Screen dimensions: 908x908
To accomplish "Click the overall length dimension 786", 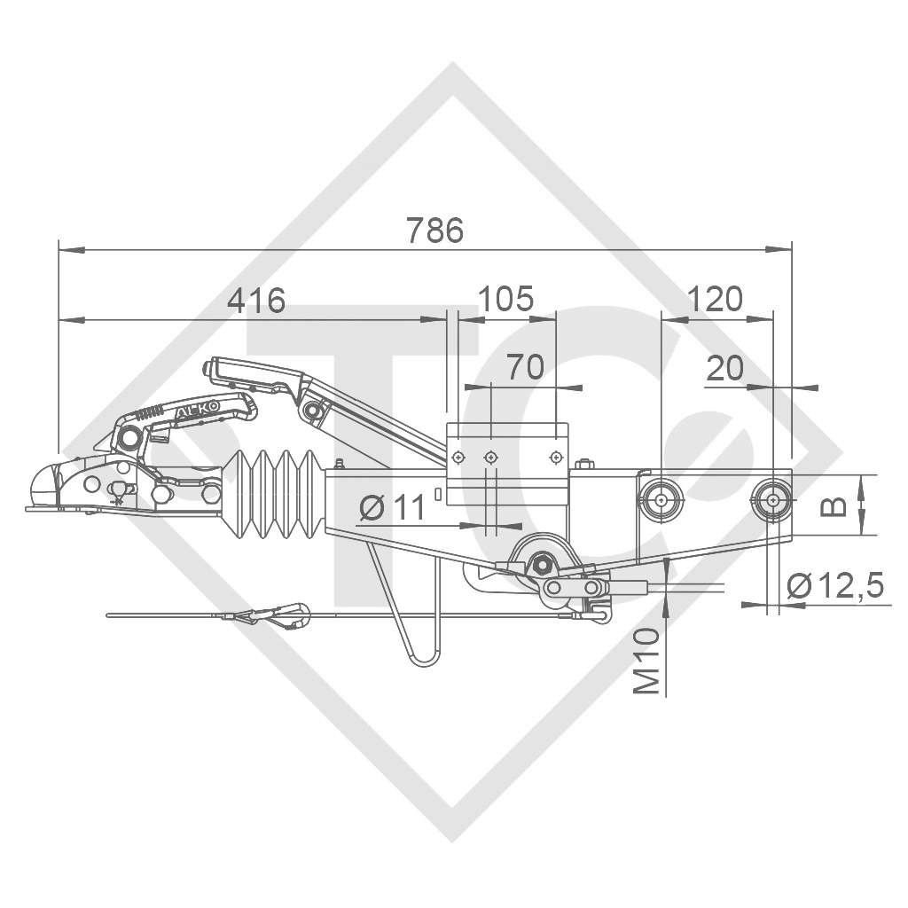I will (434, 231).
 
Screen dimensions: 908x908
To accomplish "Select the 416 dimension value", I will (256, 301).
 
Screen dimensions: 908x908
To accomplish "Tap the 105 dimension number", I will (505, 299).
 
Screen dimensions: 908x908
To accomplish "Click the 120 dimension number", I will (715, 300).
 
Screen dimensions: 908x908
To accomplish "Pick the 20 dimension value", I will (725, 368).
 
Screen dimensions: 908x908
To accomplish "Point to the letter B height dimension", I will (836, 505).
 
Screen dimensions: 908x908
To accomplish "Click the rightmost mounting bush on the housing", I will (773, 499).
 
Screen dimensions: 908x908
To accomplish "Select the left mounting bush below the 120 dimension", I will (661, 499).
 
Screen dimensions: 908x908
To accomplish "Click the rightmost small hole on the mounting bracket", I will (555, 457).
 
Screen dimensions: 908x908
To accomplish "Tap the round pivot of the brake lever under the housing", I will (540, 561).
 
